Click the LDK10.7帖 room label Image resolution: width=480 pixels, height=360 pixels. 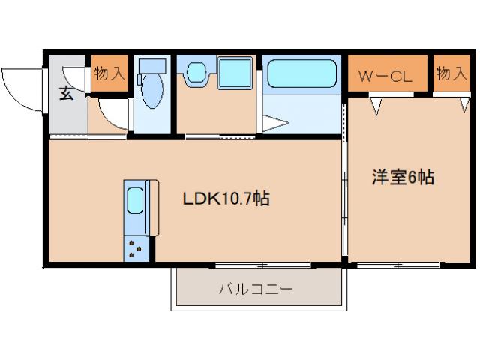[226, 199]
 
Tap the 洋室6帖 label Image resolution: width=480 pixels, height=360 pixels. [403, 178]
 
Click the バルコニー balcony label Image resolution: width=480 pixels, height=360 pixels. [255, 288]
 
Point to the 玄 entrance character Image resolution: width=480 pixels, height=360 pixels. [67, 94]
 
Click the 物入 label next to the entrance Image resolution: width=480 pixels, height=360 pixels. [109, 73]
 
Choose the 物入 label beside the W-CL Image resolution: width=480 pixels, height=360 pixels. [451, 73]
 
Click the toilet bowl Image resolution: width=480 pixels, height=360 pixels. [151, 91]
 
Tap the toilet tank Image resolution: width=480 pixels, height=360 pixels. [153, 65]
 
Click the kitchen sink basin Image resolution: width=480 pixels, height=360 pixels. [136, 201]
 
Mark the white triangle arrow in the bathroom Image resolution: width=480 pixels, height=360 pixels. [273, 122]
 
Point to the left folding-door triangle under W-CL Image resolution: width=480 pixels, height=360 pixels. [376, 104]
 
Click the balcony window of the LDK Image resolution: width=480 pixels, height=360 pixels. [262, 264]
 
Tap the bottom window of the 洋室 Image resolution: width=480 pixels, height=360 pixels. [397, 264]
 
